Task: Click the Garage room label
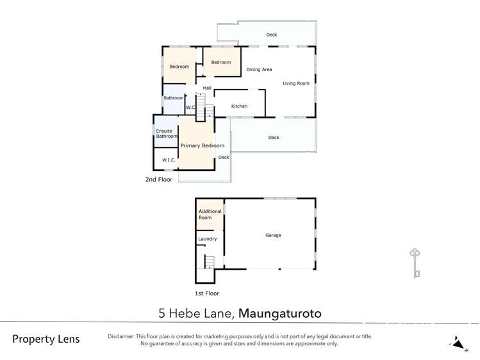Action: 273,235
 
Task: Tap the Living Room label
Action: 295,83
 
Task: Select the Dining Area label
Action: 259,69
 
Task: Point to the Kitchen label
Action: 239,106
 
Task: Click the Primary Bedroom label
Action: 202,145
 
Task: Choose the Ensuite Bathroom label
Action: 166,134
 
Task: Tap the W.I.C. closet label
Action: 169,160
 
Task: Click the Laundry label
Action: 207,239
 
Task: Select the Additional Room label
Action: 210,215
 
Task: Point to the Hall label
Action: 207,88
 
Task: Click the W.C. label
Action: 191,108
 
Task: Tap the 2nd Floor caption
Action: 159,180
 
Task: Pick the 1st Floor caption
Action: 206,293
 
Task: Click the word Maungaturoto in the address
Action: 280,314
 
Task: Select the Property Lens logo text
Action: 46,339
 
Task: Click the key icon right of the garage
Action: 415,263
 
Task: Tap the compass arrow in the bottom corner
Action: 458,343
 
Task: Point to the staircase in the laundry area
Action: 209,261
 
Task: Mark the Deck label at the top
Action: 272,35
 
